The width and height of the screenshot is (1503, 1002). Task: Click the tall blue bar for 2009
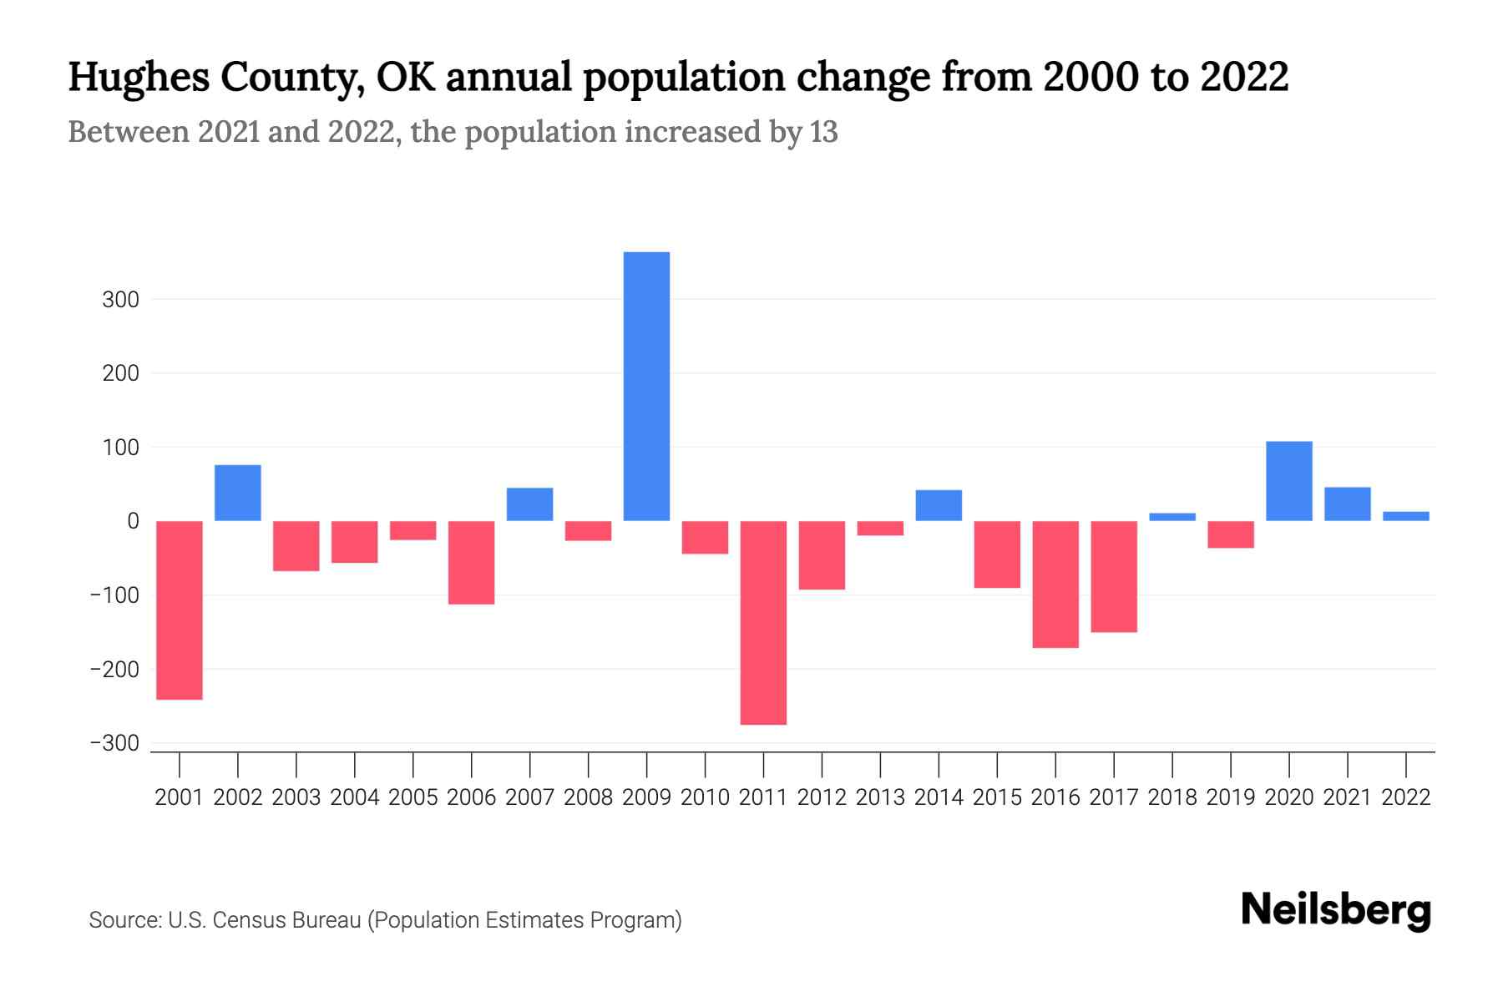click(646, 386)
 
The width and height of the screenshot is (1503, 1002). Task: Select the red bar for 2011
click(763, 622)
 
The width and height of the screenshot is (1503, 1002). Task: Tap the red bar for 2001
click(180, 610)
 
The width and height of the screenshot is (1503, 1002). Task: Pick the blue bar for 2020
click(1288, 481)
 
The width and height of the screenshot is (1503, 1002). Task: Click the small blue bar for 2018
click(1172, 517)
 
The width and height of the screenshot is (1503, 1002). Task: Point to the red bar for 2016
click(1055, 584)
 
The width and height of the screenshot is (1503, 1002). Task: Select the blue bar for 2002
click(238, 493)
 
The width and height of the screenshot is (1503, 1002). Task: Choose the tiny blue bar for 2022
click(1405, 516)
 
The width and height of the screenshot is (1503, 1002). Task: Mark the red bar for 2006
click(472, 562)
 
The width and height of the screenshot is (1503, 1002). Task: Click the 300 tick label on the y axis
click(120, 300)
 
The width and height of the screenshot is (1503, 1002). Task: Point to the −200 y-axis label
click(114, 670)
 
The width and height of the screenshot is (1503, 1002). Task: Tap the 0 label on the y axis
click(133, 521)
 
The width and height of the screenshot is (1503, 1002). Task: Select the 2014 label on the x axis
click(939, 797)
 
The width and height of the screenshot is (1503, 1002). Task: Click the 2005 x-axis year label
click(413, 797)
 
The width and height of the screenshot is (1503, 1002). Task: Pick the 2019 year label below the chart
click(1230, 797)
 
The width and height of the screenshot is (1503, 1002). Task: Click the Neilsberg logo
click(1335, 910)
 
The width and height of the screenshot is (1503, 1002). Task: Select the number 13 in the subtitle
click(823, 132)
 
